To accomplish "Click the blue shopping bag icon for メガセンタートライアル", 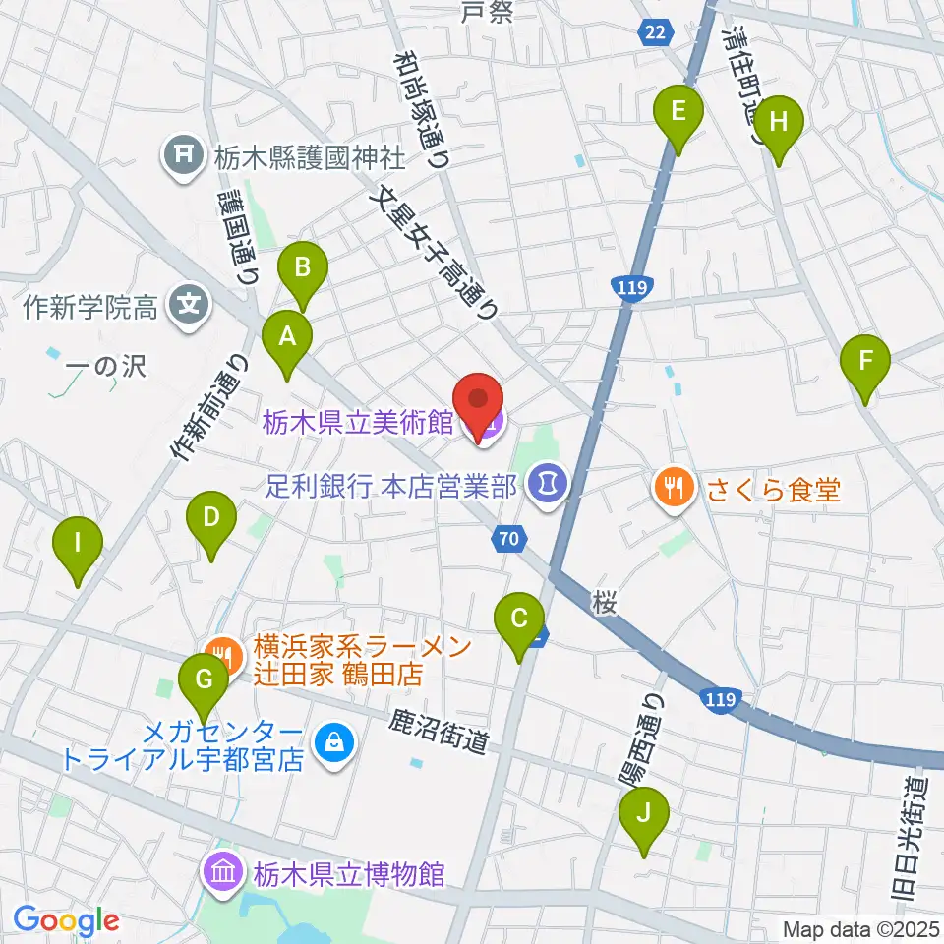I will [x=334, y=743].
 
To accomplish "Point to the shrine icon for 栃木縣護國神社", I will [x=182, y=152].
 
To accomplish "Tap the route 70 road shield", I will [x=507, y=538].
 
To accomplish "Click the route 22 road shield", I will [x=657, y=32].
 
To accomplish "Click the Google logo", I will [x=67, y=920].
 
